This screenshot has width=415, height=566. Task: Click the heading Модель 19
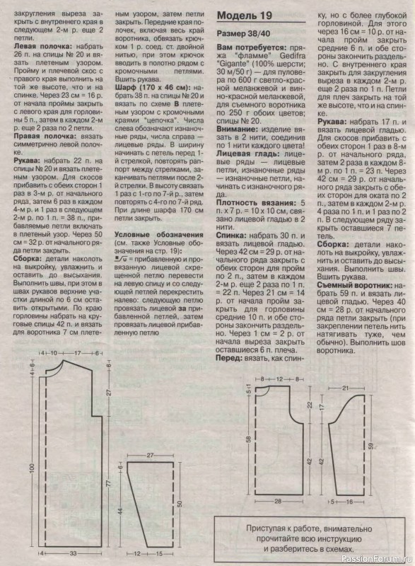[x=243, y=15]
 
